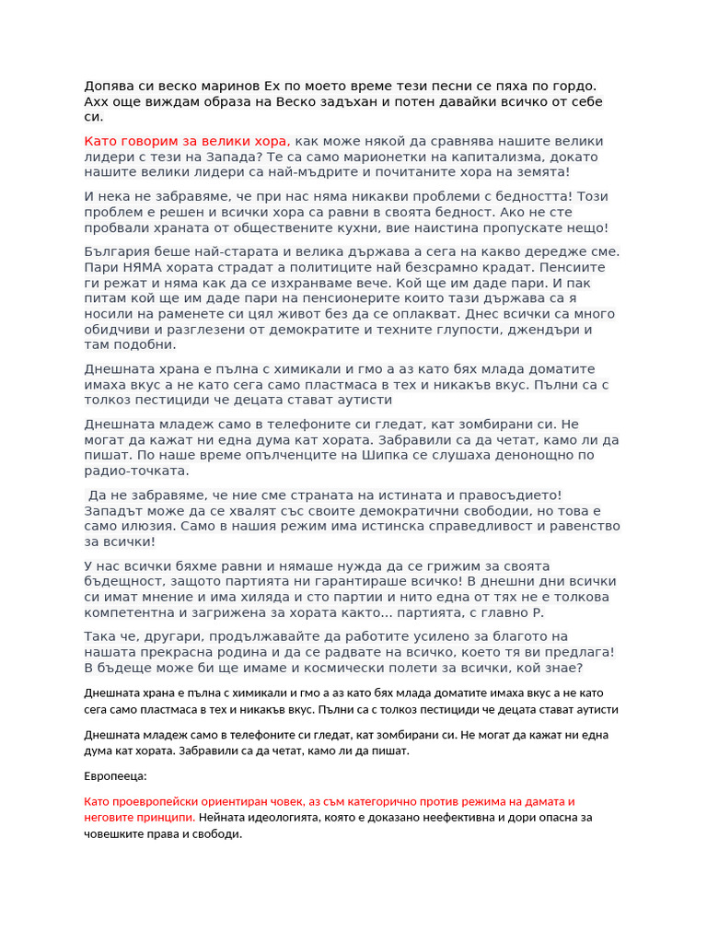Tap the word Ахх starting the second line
coord(99,101)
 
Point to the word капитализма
coord(509,157)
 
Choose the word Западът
coord(117,510)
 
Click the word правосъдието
coord(499,495)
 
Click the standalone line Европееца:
coord(115,776)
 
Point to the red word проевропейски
coord(160,801)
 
